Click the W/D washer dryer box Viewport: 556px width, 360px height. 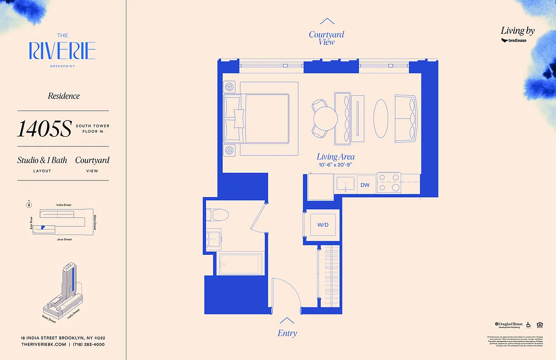pos(323,225)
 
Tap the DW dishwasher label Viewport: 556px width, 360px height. pos(365,185)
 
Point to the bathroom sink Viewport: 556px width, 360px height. pos(214,237)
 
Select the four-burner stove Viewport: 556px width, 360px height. pos(389,183)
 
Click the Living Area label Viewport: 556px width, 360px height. pos(336,157)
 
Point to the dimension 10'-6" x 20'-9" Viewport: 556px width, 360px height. pos(336,165)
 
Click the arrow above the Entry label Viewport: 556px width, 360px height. pos(287,320)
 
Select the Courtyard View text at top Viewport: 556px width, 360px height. pos(327,38)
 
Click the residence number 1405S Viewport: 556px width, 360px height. pos(44,129)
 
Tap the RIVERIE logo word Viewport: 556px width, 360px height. pos(62,51)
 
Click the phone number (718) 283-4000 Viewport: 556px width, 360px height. pos(89,344)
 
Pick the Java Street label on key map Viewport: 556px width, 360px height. pos(64,239)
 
